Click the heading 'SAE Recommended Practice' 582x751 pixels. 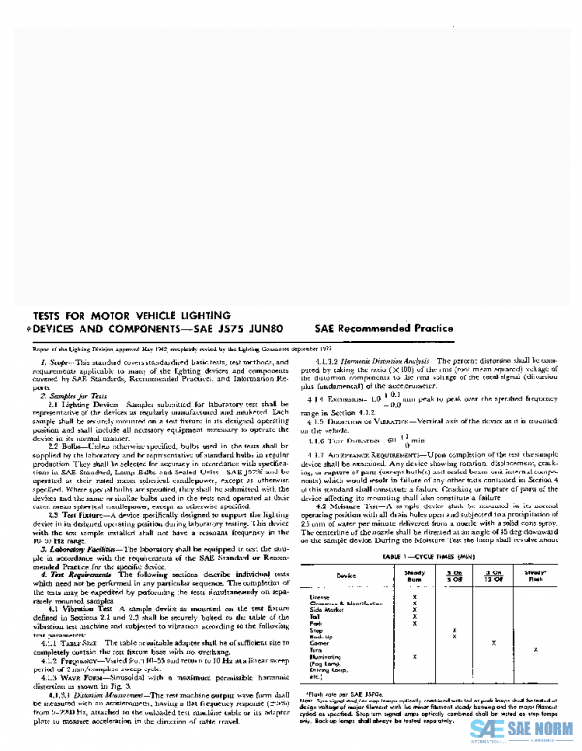click(x=385, y=329)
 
